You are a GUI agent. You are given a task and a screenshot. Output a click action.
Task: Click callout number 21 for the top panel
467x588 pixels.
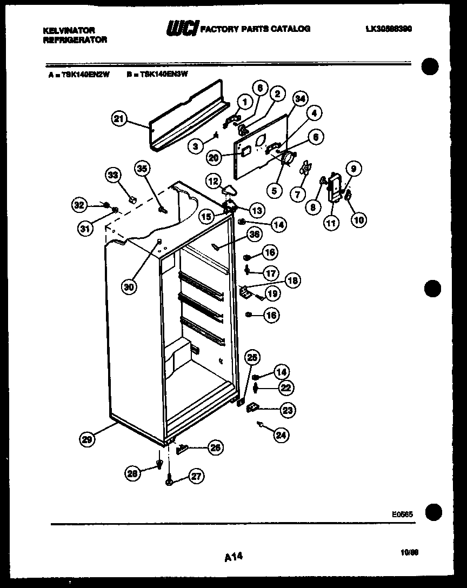click(x=120, y=119)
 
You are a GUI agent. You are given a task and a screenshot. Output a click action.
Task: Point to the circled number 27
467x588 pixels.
click(x=196, y=476)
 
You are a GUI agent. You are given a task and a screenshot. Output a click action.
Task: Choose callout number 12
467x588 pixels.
click(x=212, y=181)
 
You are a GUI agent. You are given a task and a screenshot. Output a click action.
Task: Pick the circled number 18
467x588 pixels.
click(x=292, y=280)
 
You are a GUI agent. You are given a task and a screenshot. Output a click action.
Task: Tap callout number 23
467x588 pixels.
click(x=288, y=411)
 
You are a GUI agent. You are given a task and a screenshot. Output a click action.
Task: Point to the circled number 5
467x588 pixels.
click(x=276, y=190)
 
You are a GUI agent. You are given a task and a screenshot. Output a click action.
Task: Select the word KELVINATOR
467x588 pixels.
click(x=69, y=31)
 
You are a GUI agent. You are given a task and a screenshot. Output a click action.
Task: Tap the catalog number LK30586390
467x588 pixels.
click(x=388, y=29)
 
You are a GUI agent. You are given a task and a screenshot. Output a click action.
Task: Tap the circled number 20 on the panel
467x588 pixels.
click(x=214, y=157)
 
